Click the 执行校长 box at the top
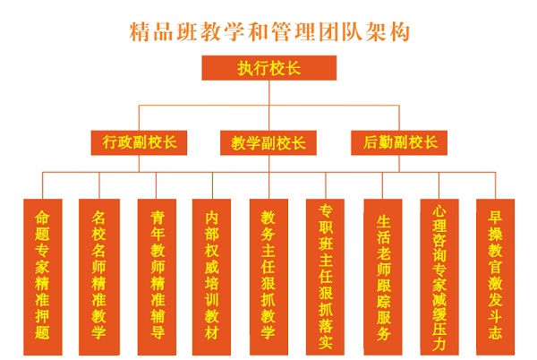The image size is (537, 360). [269, 68]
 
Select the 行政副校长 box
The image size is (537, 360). [139, 142]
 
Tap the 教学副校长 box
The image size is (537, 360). [268, 142]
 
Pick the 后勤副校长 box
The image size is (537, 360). [399, 142]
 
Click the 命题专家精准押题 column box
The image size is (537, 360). [43, 277]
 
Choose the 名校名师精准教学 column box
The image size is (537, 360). [99, 277]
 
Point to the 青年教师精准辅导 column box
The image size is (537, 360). [157, 277]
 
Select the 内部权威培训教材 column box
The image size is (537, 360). [211, 277]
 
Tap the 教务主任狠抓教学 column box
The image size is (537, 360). [268, 277]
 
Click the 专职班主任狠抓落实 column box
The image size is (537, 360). [325, 277]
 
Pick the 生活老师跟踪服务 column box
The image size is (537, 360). [383, 277]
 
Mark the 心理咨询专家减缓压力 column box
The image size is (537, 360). [439, 277]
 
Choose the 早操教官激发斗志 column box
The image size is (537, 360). [495, 277]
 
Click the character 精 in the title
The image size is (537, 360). [141, 32]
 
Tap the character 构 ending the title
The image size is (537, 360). [400, 32]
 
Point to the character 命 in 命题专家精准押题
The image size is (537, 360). [42, 218]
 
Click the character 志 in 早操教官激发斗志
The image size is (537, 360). [495, 332]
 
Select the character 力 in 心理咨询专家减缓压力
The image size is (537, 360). [439, 344]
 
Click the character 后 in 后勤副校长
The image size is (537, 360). [371, 142]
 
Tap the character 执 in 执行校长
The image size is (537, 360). [245, 68]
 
